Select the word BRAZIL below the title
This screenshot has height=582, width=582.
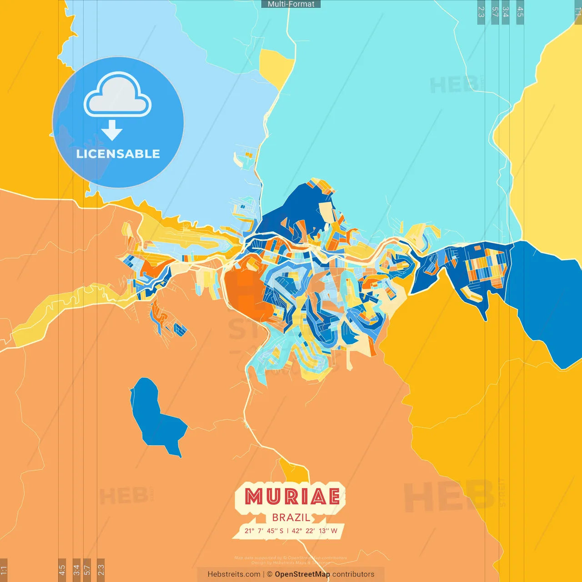pyautogui.click(x=291, y=517)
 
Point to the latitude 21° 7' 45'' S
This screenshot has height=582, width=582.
pyautogui.click(x=264, y=531)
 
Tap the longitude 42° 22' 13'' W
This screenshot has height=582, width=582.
pyautogui.click(x=315, y=531)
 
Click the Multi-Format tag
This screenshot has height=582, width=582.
pyautogui.click(x=291, y=4)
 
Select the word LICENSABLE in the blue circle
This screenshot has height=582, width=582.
pyautogui.click(x=118, y=154)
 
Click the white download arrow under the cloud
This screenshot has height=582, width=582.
pyautogui.click(x=112, y=130)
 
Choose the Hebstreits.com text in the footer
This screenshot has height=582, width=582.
pyautogui.click(x=234, y=574)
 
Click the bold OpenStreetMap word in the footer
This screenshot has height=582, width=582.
pyautogui.click(x=302, y=574)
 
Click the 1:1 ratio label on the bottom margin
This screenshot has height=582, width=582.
pyautogui.click(x=4, y=570)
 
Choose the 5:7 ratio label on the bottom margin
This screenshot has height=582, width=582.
pyautogui.click(x=87, y=570)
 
